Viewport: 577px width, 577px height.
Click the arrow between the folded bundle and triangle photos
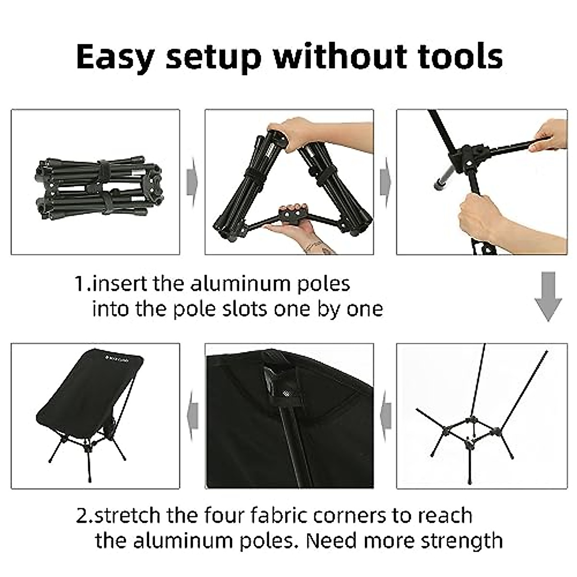(192, 182)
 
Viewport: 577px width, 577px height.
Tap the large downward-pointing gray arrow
(548, 296)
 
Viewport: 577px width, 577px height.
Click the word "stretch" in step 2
(128, 515)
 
